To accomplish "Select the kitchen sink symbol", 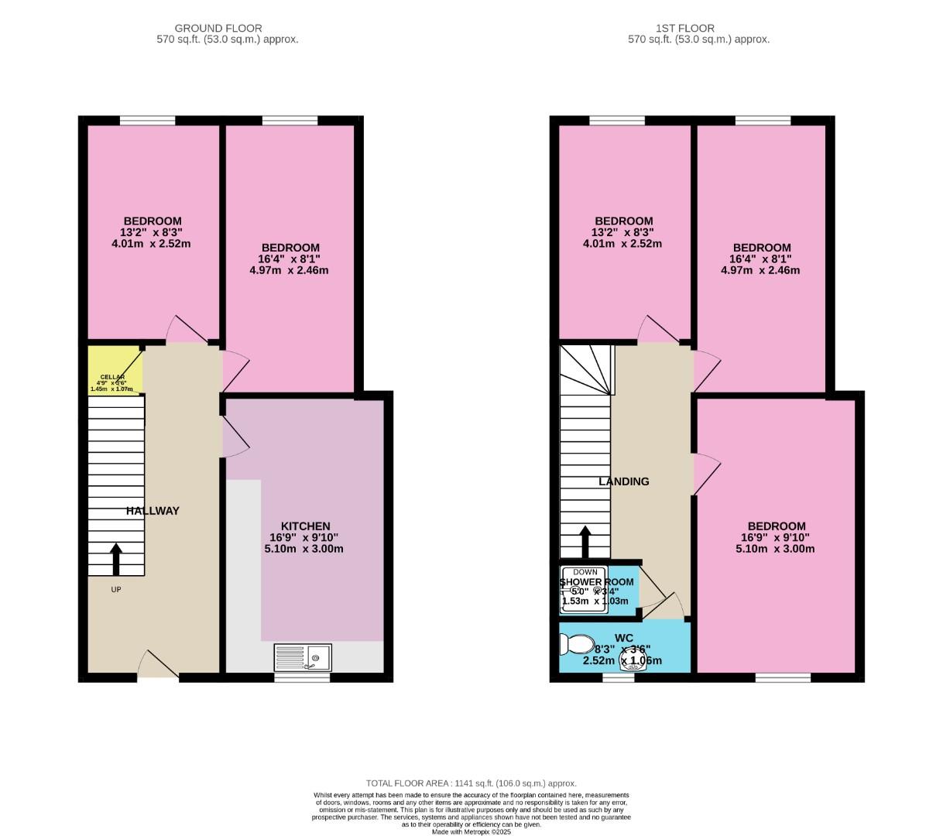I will [303, 657].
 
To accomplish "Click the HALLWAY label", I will [153, 511].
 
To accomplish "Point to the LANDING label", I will [624, 481].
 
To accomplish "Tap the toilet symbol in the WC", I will [576, 644].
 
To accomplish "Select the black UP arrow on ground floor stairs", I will [116, 559].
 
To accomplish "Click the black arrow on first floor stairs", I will [585, 541].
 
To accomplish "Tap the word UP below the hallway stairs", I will [116, 589].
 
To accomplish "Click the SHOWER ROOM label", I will [597, 582].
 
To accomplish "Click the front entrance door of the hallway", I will [158, 666].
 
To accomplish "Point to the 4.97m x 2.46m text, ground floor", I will [289, 270].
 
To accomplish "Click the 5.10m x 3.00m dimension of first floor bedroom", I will [776, 549].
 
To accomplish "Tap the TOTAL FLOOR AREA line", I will [471, 783].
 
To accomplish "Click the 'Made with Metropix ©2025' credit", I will [471, 832].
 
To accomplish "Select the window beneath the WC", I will [619, 677].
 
